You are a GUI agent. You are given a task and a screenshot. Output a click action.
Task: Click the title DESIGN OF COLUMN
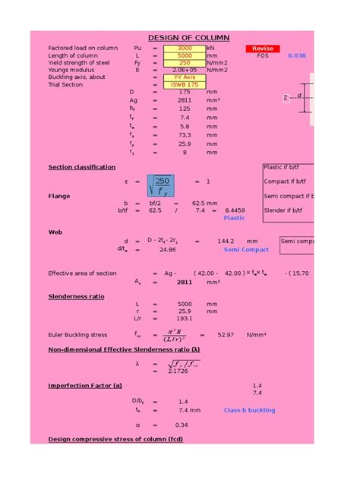point(188,38)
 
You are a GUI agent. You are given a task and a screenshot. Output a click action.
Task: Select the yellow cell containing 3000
point(185,48)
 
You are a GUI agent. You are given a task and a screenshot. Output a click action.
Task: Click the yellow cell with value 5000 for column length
point(185,55)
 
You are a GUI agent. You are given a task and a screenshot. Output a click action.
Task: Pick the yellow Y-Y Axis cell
point(185,77)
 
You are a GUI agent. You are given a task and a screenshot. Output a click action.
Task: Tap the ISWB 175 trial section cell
point(185,84)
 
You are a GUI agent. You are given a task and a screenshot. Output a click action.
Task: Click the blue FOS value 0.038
point(297,55)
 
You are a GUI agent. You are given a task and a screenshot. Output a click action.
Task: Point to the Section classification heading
point(82,167)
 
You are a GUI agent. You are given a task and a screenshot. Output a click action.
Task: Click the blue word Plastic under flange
point(234,217)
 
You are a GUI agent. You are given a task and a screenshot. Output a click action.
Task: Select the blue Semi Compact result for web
point(246,249)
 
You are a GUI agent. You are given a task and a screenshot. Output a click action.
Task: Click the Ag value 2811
point(185,99)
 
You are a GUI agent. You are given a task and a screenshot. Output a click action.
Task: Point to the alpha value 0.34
point(182,425)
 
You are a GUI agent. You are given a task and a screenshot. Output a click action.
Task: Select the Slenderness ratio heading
point(77,295)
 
